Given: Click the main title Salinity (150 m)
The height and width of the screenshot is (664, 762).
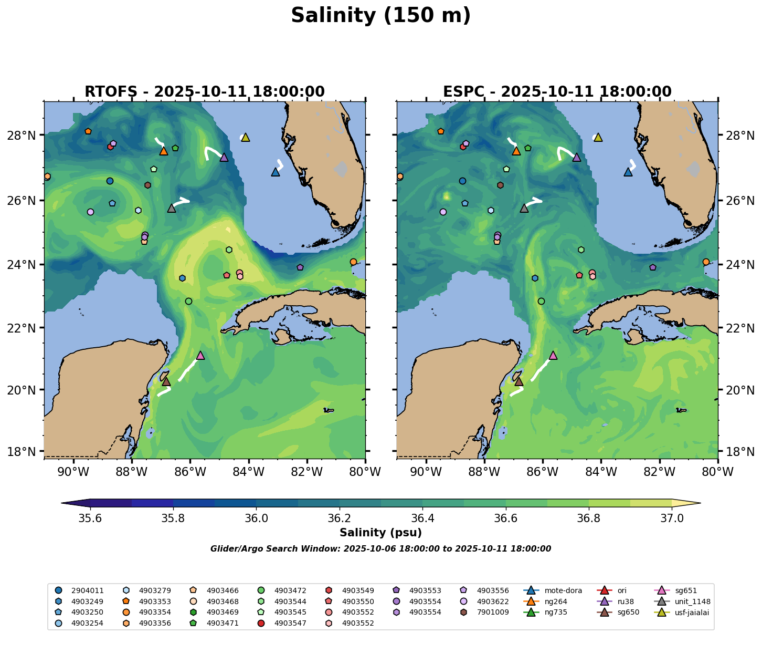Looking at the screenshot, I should (380, 16).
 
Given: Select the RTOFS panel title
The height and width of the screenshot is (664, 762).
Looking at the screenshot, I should (205, 92).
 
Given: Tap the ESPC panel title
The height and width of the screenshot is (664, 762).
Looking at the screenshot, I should (557, 92).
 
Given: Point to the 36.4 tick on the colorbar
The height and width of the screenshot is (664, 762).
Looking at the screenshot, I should (422, 518).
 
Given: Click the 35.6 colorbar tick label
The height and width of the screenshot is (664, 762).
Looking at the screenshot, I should (90, 518).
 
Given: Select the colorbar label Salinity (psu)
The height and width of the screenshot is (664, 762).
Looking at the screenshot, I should (380, 533).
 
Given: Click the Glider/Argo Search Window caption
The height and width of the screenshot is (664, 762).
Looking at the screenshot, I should (380, 549).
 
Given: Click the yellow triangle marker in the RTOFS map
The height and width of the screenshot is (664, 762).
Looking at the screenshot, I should (245, 138).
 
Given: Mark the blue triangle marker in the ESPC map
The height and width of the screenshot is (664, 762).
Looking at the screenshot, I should (628, 172).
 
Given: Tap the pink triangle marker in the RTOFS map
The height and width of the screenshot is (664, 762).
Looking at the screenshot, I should (200, 356).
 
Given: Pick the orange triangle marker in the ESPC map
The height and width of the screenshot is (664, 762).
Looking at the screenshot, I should (516, 151).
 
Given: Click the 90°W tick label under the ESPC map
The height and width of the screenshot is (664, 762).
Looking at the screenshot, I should (426, 472).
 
